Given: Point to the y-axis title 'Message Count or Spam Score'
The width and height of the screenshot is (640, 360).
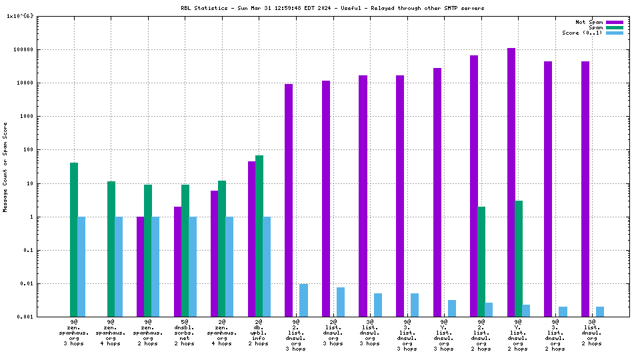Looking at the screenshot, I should coord(5,167).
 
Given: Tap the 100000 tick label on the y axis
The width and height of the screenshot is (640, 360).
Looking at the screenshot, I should coord(29,49).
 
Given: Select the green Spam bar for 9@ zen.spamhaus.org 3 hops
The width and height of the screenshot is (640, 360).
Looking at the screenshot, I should coord(74,239).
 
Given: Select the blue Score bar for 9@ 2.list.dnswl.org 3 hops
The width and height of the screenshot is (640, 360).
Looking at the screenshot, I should coord(303,300).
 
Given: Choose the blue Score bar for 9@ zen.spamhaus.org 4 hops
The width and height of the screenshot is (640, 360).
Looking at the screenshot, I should coord(119,267).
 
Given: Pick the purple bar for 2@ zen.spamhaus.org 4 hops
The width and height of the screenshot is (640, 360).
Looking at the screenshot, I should coord(215,253).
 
